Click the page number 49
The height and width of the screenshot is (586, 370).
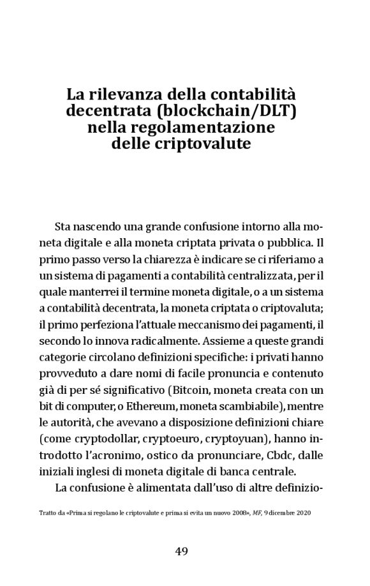(x=182, y=552)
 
